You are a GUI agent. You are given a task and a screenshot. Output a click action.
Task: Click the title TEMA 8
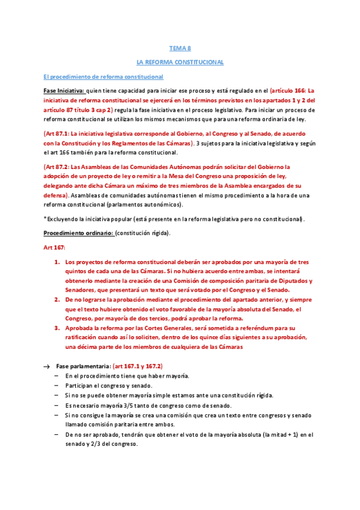[180, 49]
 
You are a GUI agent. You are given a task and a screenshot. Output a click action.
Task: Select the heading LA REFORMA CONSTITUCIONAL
[180, 63]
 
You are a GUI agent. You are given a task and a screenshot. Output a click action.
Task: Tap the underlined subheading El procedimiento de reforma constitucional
[99, 76]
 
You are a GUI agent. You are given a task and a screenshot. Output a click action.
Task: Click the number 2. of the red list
[57, 298]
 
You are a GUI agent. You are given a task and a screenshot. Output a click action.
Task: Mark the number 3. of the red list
[57, 328]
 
